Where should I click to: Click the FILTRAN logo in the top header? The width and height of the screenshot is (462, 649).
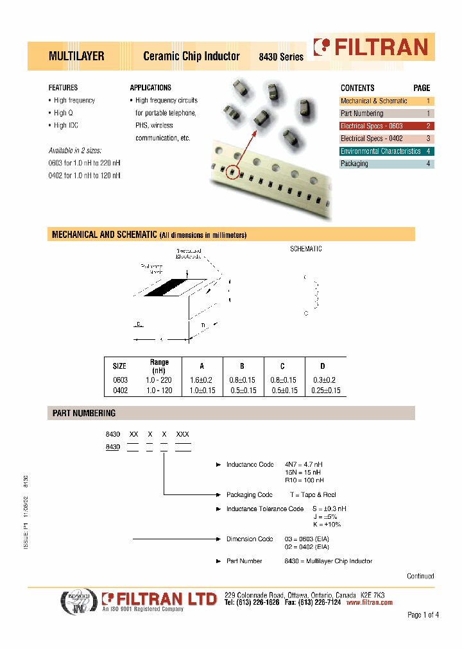[370, 47]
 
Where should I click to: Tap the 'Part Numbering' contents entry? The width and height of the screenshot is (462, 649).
[362, 114]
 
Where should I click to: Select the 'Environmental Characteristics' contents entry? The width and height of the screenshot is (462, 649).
[380, 151]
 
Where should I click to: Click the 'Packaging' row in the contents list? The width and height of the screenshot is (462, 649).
[354, 164]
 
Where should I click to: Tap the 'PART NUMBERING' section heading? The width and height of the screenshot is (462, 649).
[83, 414]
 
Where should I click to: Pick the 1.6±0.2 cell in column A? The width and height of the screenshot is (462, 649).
[201, 380]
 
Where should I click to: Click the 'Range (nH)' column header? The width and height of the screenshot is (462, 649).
[159, 366]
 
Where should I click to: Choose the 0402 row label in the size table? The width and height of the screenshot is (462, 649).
[119, 391]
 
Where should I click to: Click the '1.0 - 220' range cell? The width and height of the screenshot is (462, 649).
[159, 380]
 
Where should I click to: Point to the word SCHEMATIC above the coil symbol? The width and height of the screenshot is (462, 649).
[306, 249]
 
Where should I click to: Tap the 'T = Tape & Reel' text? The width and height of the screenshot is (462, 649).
[312, 494]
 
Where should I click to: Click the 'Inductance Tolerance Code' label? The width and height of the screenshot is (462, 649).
[264, 509]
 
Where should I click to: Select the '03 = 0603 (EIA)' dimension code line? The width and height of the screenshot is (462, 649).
[307, 539]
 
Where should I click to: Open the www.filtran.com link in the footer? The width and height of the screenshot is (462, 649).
[369, 603]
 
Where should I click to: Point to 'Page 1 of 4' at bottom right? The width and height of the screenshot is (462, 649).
[423, 615]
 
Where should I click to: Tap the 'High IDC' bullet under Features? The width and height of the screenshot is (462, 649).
[65, 126]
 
